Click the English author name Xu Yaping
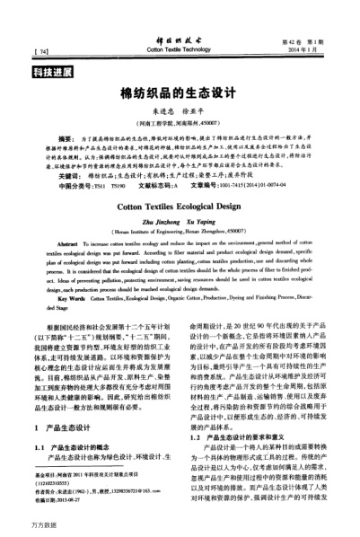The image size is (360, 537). coord(202,220)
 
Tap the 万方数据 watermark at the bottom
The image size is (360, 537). coord(19,525)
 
